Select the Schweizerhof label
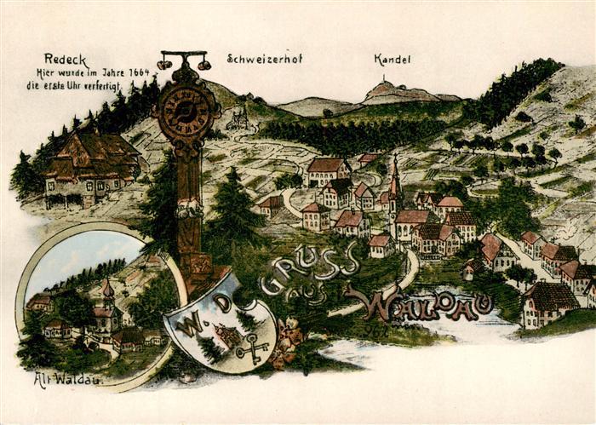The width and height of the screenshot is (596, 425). coord(264,59)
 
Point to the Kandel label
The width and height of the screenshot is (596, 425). coord(392,60)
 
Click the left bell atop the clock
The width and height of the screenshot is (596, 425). coord(164,64)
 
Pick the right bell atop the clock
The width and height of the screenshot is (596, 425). coord(204,64)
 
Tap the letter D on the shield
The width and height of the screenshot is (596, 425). coord(223,303)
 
